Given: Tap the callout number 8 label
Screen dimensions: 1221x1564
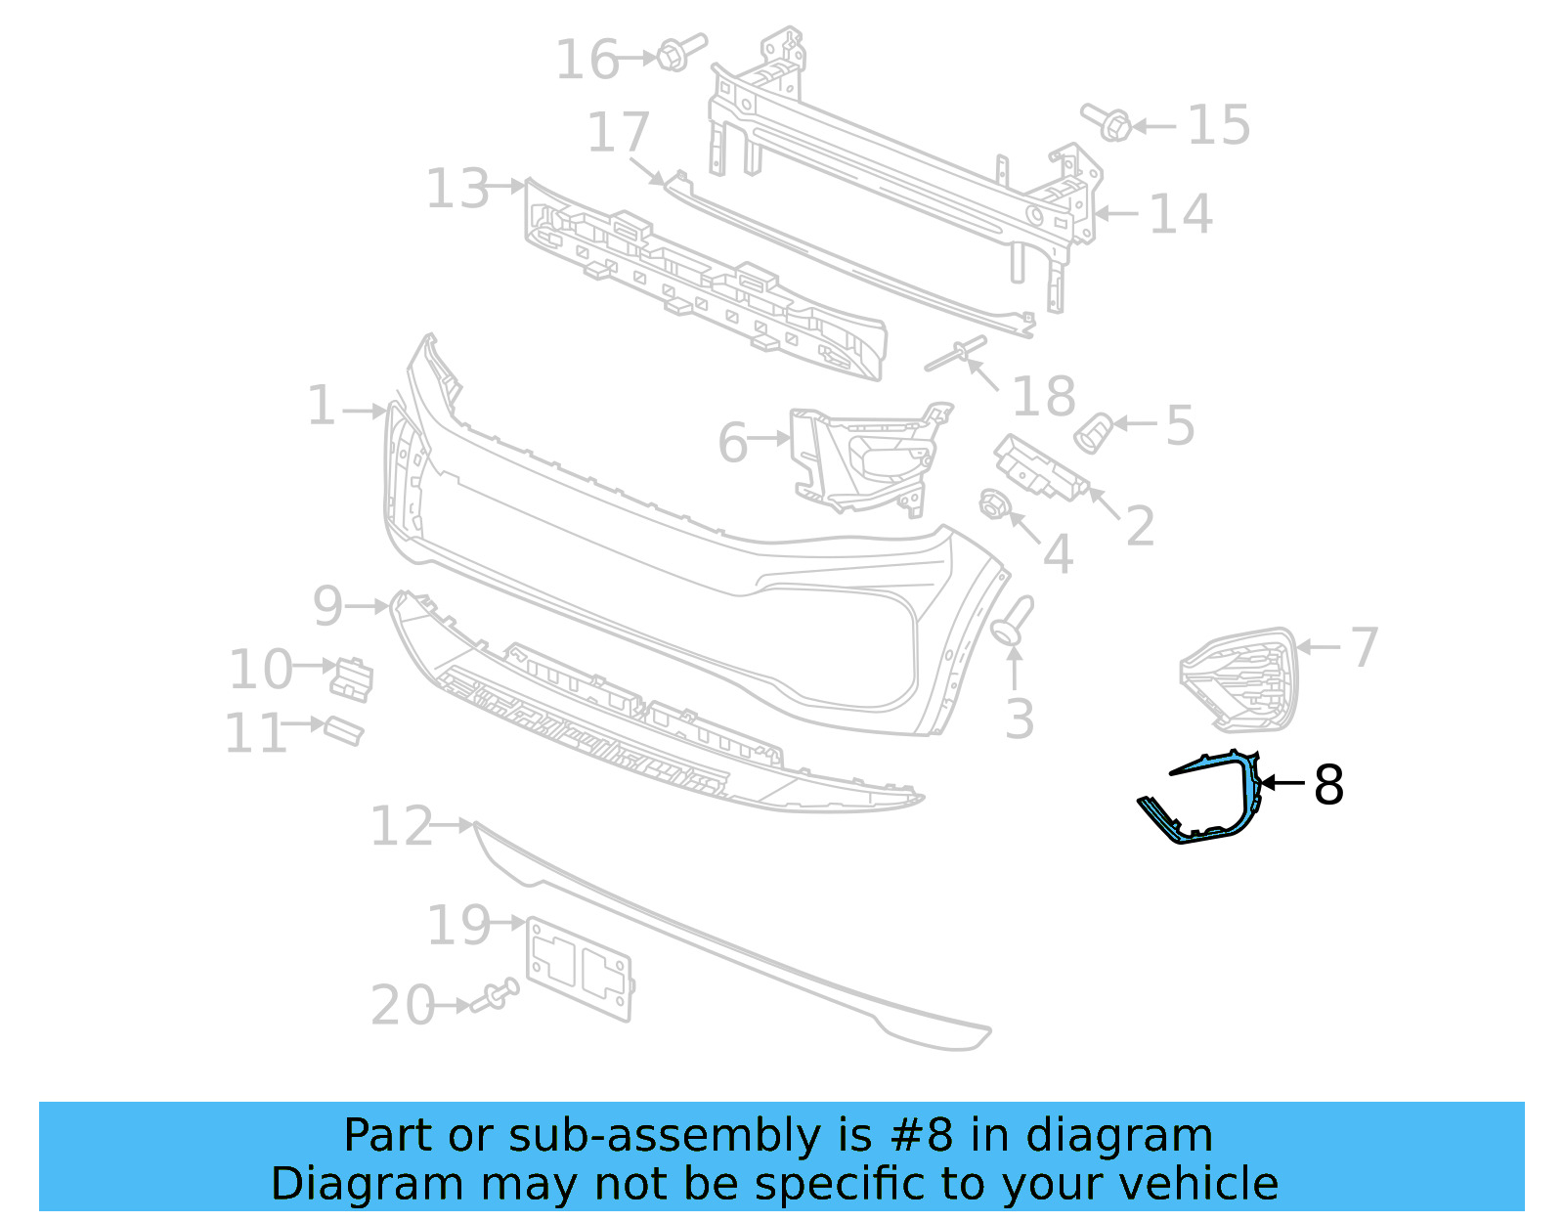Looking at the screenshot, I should [x=1328, y=785].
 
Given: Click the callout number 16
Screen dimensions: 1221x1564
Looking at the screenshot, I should [x=586, y=60].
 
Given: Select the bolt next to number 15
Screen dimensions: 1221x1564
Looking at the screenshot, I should [x=1108, y=122].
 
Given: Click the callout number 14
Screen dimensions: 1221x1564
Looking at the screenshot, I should [x=1180, y=214].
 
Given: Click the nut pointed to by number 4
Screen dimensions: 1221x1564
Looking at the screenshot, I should [x=994, y=504].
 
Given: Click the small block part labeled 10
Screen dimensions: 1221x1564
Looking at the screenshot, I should [x=353, y=678].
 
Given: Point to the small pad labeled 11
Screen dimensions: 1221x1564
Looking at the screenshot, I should [x=343, y=730].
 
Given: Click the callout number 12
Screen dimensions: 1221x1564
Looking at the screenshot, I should [x=401, y=827].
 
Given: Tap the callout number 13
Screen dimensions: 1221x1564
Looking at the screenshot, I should [x=456, y=189].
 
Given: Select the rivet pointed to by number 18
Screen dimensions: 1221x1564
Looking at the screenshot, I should [x=956, y=355].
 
